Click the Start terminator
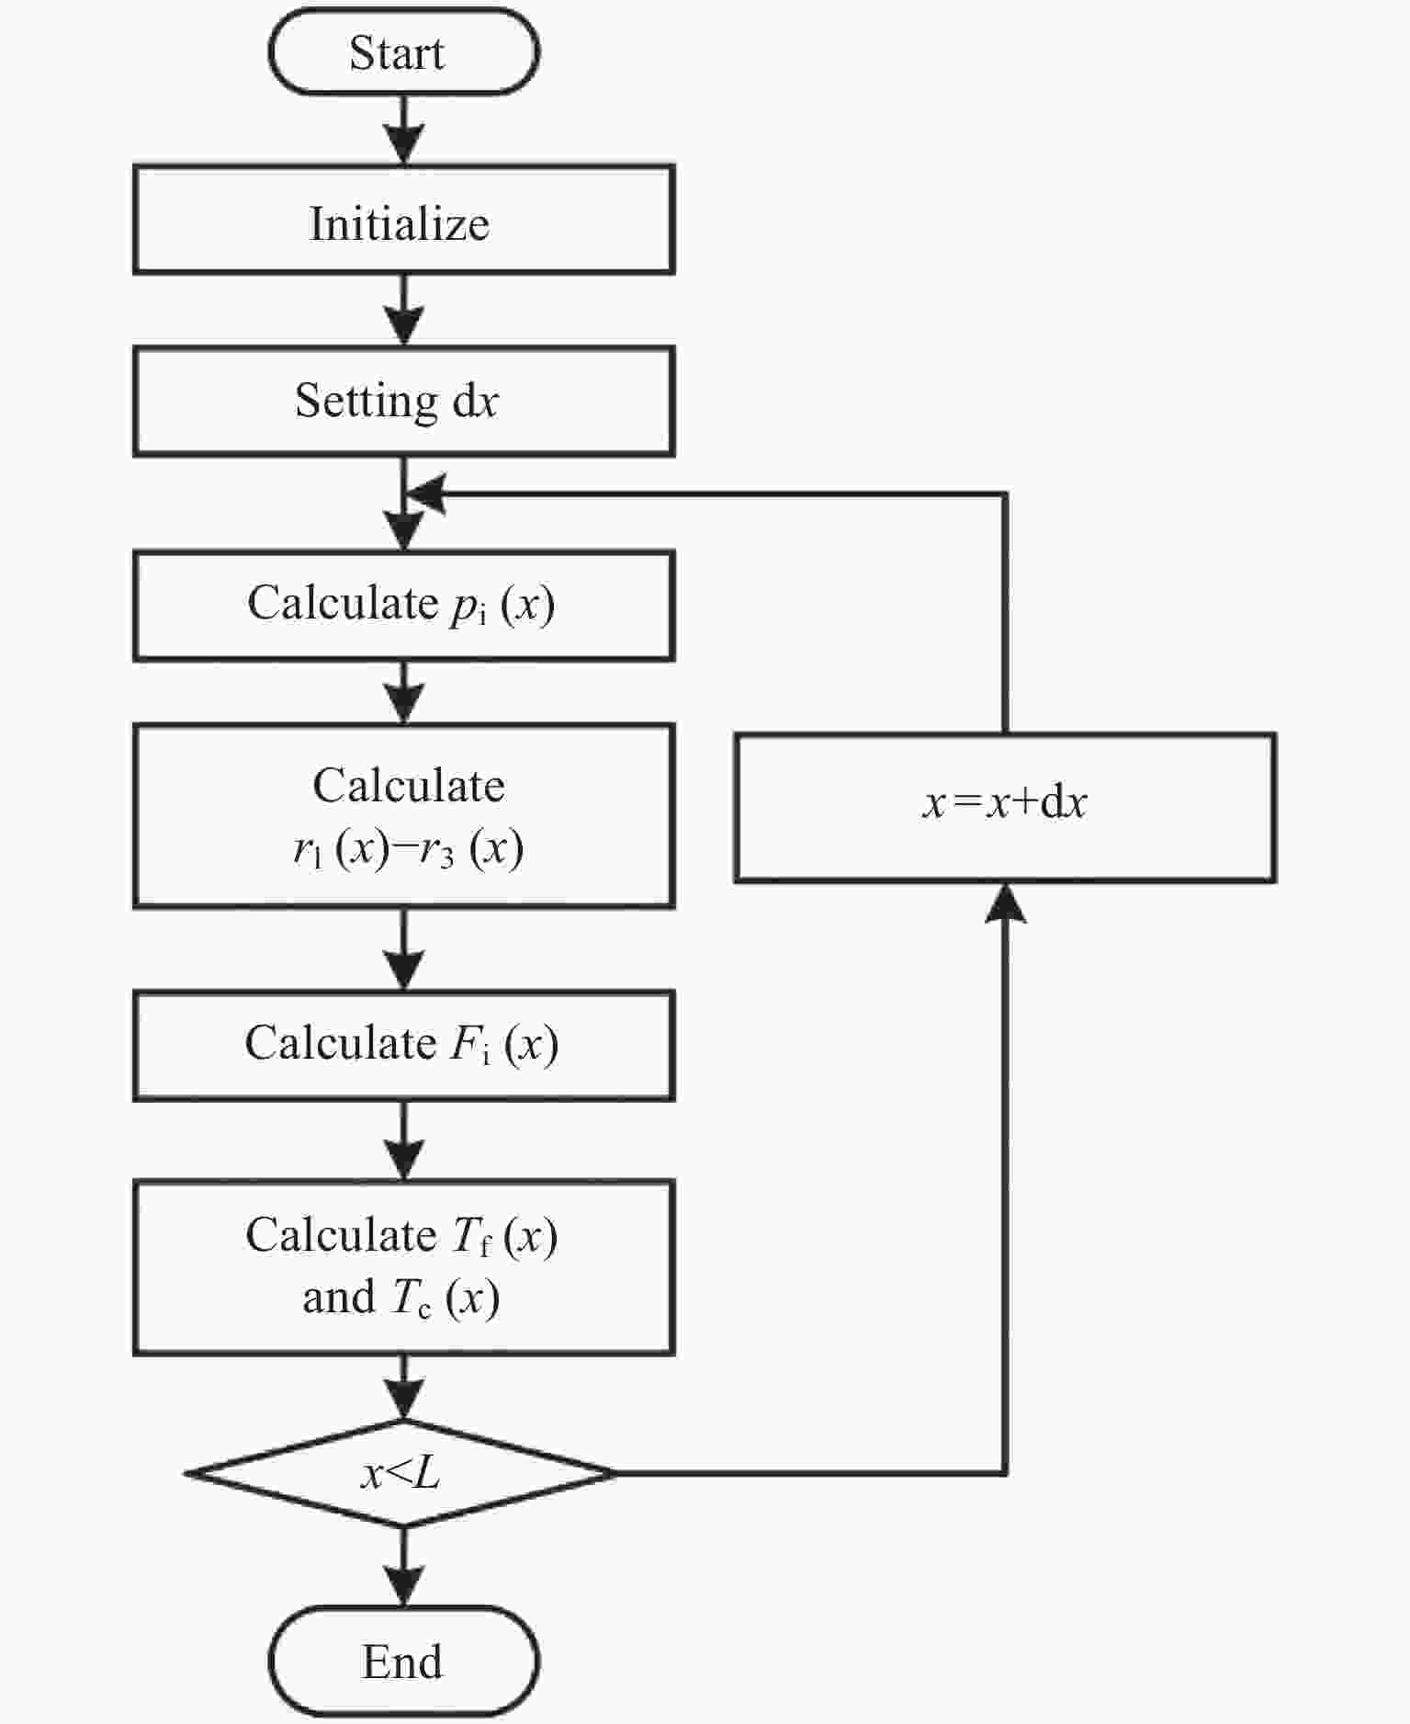coord(403,52)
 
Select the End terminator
coord(403,1662)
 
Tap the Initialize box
coord(403,220)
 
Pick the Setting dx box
coord(403,401)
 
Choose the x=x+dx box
coord(1005,808)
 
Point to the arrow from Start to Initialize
coord(403,130)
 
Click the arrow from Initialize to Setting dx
coord(403,311)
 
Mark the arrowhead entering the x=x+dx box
coord(1006,903)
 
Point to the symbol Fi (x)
coord(503,1045)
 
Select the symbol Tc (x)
coord(446,1299)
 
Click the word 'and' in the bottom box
coord(339,1298)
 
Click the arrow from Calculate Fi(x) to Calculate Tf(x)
coord(403,1140)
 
